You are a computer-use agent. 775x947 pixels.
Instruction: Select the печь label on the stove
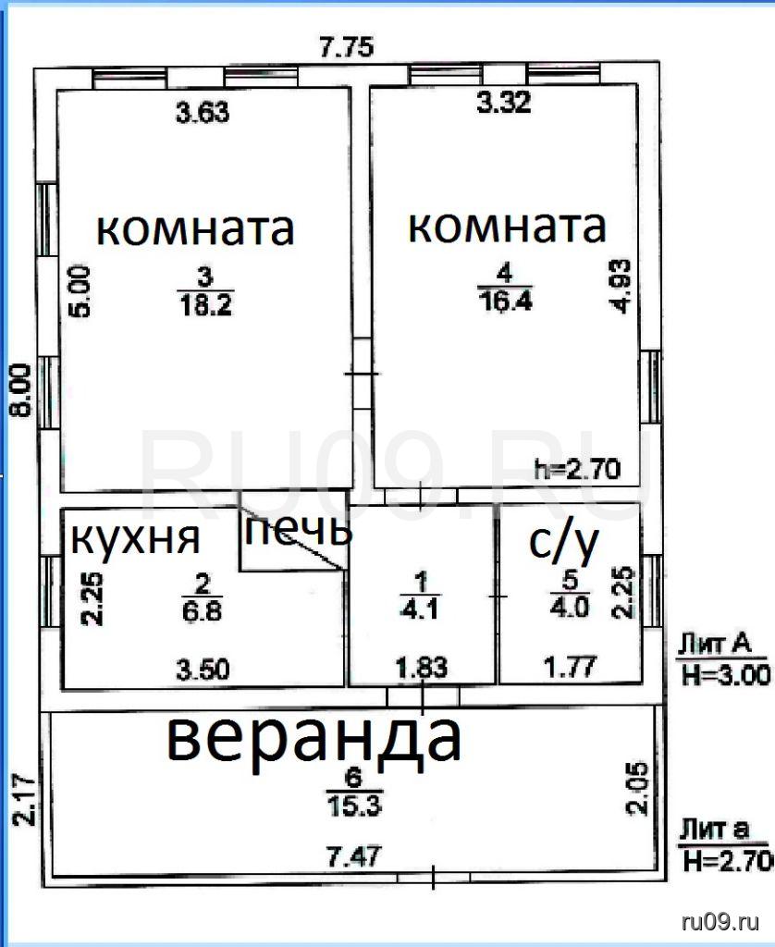[298, 530]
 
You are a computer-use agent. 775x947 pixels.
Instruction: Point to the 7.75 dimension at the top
[347, 46]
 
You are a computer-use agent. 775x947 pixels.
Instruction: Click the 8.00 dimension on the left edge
[19, 390]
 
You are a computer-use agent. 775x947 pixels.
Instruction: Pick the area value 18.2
[205, 305]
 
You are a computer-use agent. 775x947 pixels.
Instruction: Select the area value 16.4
[505, 301]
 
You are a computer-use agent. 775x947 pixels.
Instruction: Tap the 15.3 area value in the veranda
[354, 806]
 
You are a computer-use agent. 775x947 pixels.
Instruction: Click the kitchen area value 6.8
[202, 610]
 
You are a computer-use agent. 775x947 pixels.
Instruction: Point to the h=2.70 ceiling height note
[577, 469]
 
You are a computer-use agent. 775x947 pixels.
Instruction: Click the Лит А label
[715, 644]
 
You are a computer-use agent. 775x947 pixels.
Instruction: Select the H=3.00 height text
[725, 674]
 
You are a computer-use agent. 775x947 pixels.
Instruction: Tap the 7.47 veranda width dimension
[354, 856]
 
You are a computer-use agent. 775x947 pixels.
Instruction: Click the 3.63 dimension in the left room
[203, 112]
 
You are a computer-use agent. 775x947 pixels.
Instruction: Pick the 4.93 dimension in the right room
[621, 287]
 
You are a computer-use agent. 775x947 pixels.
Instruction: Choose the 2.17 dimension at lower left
[24, 800]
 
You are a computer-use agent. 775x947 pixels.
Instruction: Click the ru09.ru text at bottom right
[720, 922]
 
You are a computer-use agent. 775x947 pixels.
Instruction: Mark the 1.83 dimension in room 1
[422, 668]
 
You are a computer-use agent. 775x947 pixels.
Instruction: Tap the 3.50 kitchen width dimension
[203, 670]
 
